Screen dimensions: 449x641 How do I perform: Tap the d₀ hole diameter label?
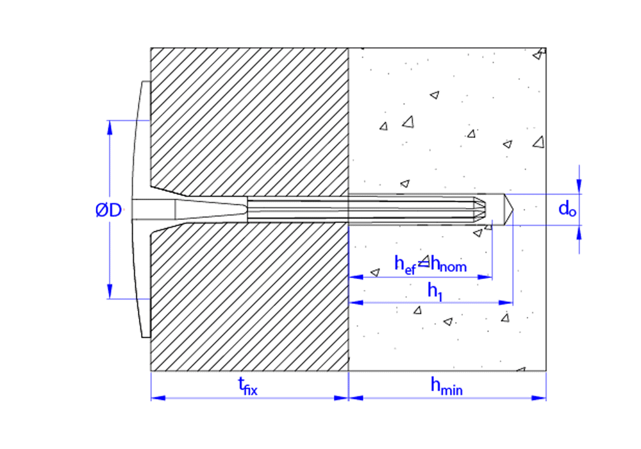tap(565, 209)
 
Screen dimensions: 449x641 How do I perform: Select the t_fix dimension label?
tap(247, 386)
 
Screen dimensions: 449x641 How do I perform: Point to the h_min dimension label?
tap(446, 386)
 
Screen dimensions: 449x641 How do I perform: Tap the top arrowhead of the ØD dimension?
tap(109, 126)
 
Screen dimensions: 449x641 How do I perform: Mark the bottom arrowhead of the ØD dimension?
tap(109, 293)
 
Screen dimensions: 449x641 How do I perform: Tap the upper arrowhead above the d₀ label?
tap(579, 187)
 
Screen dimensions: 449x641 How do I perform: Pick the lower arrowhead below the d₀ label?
tap(579, 232)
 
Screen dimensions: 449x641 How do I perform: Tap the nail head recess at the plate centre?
tap(154, 210)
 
